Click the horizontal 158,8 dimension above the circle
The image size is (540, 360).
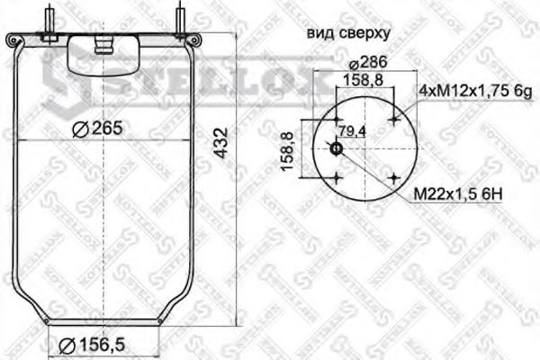pos(365,81)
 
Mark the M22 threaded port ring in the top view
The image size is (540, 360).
pos(336,149)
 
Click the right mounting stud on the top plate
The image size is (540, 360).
pos(183,20)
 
